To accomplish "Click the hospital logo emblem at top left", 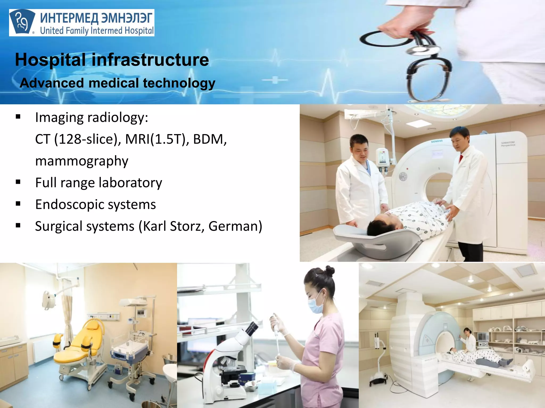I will tap(22, 23).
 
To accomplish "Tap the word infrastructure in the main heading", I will tap(150, 60).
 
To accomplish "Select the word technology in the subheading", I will tap(179, 83).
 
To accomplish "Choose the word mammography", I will tap(82, 161).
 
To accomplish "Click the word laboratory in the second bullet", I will tap(130, 183).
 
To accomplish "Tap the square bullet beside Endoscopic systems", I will tap(18, 204).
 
